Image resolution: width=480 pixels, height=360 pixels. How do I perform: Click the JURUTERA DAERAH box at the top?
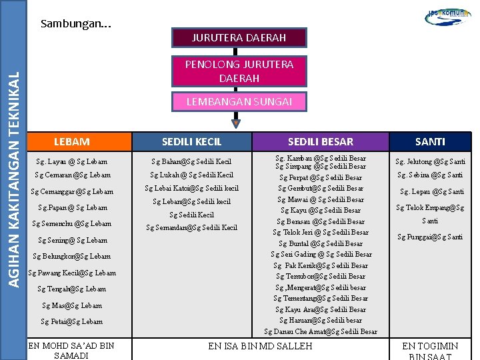click(239, 38)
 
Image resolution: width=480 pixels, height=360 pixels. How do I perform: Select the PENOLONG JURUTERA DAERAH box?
click(239, 71)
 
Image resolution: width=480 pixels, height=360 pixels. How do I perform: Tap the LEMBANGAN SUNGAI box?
click(239, 101)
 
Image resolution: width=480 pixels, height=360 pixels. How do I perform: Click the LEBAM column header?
click(71, 141)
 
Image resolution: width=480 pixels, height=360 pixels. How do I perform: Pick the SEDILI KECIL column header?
click(192, 141)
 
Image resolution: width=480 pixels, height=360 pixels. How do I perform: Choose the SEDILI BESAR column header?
click(321, 141)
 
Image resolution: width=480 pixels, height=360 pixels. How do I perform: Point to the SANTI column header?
click(430, 141)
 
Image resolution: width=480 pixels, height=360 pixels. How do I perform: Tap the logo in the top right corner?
click(447, 16)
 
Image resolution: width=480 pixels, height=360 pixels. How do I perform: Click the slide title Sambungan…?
click(76, 24)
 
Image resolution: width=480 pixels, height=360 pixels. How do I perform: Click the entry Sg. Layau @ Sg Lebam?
click(71, 161)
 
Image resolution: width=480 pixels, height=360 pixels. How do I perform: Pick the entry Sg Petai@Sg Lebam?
click(71, 321)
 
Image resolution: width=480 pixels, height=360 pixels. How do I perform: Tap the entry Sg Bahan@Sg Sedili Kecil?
click(191, 161)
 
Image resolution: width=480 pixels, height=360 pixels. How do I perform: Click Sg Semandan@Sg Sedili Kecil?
click(191, 227)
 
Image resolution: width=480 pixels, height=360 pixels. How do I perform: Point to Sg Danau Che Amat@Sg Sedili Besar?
click(321, 331)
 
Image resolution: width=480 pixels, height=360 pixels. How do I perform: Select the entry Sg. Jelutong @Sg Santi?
click(430, 161)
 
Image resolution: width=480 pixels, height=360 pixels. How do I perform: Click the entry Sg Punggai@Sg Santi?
click(430, 237)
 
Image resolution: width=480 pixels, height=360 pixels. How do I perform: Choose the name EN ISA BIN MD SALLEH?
click(260, 346)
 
